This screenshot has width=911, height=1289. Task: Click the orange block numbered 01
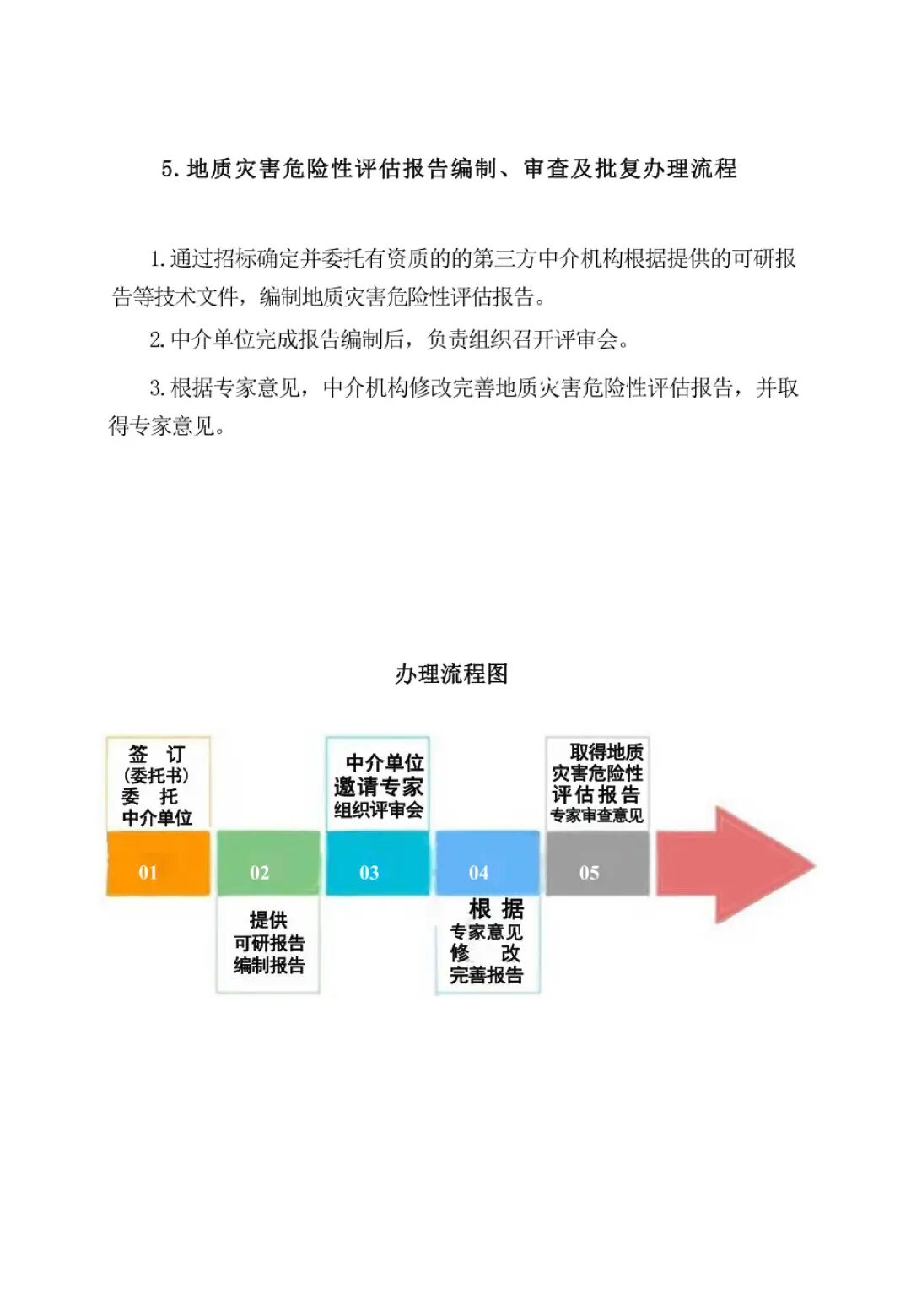158,864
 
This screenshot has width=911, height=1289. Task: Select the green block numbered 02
268,864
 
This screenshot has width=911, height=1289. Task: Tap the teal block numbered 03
378,864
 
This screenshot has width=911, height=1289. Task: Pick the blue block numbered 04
487,864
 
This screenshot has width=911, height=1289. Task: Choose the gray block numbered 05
597,864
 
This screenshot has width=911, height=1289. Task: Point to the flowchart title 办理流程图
451,674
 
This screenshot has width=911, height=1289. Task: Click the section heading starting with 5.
449,169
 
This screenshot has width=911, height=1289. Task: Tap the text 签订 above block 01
156,754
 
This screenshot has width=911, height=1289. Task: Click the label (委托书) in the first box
156,775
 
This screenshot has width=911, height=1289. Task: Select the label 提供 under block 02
268,920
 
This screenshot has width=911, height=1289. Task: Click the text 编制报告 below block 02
269,965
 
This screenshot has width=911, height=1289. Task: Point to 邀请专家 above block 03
378,787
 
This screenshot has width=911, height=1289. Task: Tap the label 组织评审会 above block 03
378,810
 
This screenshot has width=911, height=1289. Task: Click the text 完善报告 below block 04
486,975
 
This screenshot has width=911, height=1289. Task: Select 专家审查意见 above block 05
597,815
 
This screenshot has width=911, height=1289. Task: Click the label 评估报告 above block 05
596,794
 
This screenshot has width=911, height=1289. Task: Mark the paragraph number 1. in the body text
157,259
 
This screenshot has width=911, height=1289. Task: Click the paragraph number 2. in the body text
157,340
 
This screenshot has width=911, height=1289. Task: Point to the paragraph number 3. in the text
157,388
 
